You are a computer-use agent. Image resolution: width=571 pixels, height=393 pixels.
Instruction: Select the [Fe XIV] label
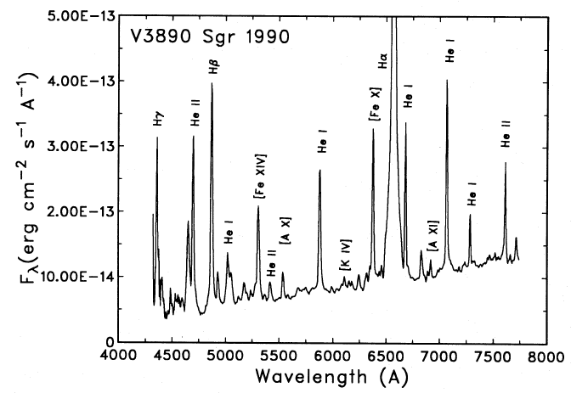[x=259, y=177]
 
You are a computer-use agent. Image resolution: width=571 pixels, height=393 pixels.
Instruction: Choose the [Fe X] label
[x=374, y=109]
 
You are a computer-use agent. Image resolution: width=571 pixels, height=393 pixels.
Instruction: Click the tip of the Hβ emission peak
[x=212, y=84]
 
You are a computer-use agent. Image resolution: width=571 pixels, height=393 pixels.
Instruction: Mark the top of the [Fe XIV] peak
[x=258, y=206]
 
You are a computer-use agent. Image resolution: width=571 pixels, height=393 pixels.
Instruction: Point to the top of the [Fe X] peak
[x=373, y=130]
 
